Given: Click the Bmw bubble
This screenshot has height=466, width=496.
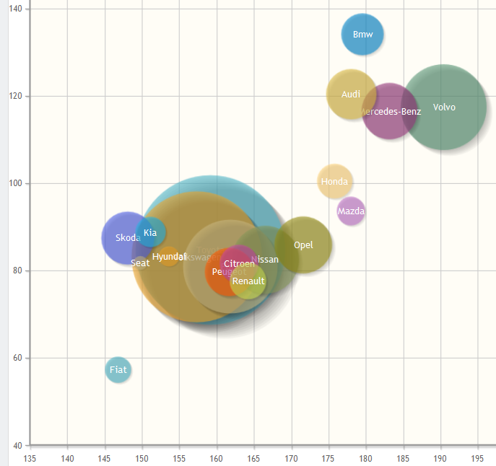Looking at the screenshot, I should click(x=362, y=34).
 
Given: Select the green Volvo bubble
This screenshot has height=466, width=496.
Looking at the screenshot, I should click(x=444, y=107).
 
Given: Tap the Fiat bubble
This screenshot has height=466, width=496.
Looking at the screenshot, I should click(x=118, y=370).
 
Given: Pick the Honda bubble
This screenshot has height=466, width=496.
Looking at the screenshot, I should click(x=335, y=182).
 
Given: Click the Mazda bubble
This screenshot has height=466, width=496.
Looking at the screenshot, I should click(x=351, y=211).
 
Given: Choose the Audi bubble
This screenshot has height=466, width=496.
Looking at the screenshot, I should click(x=351, y=94).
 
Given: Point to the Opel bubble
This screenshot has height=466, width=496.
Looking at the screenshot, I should click(x=304, y=245).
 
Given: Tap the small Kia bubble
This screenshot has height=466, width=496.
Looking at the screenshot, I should click(x=150, y=232).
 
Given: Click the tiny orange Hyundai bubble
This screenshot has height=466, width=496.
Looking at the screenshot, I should click(x=168, y=257).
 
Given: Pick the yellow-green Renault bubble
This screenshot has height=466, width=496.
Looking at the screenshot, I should click(x=248, y=281).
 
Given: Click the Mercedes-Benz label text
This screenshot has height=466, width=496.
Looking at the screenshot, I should click(x=391, y=112).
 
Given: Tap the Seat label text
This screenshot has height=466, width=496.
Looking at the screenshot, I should click(x=141, y=263).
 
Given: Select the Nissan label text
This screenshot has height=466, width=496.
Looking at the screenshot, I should click(x=265, y=260).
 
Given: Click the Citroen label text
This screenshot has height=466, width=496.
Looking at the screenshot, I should click(x=239, y=264).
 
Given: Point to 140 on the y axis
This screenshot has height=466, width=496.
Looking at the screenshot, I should click(x=14, y=9).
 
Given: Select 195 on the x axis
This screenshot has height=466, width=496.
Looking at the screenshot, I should click(x=477, y=458).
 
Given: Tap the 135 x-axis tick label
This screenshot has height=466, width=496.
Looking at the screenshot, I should click(x=30, y=458).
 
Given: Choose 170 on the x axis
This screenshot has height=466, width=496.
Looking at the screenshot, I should click(x=291, y=458).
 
